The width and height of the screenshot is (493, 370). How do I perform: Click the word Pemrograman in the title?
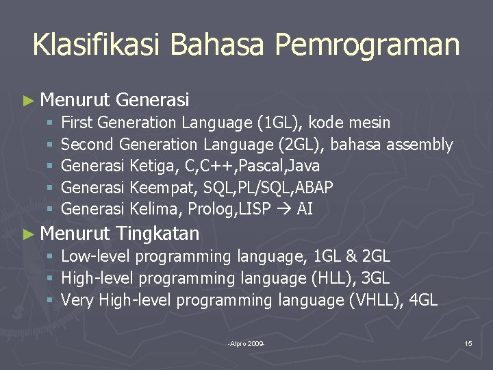click(x=367, y=45)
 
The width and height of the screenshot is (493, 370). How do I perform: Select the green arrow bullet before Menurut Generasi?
click(x=27, y=101)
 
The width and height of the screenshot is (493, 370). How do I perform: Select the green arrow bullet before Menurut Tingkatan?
click(x=27, y=234)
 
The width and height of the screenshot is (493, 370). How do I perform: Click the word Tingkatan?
click(x=157, y=234)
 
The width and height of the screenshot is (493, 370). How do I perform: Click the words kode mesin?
click(x=350, y=123)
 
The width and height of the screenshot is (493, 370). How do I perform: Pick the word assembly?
click(x=420, y=145)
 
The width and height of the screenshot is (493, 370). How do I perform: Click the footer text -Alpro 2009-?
click(x=246, y=343)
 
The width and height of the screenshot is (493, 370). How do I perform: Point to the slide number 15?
click(x=468, y=343)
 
